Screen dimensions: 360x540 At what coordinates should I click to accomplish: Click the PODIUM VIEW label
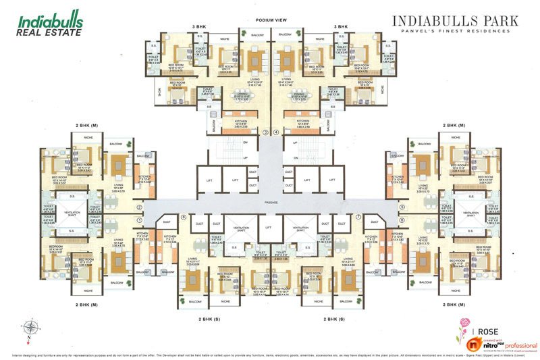click(x=271, y=21)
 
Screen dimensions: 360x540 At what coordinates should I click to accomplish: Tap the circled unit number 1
click(x=140, y=220)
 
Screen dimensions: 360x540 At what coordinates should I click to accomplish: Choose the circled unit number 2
click(x=140, y=207)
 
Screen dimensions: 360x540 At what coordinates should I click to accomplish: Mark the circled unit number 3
click(x=266, y=132)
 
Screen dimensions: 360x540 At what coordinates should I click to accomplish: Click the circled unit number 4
click(x=275, y=132)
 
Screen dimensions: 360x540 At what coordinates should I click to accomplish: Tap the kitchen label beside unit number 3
click(x=242, y=123)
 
